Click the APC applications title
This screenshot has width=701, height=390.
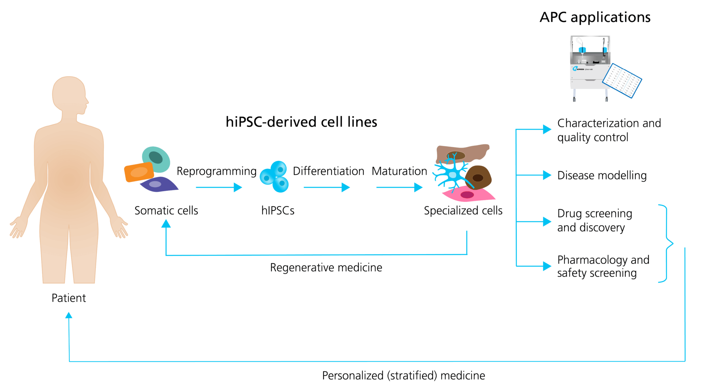coord(595,17)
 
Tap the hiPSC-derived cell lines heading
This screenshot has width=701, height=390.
coord(301,122)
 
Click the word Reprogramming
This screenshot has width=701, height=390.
coord(217,171)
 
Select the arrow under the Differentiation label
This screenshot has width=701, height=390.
coord(326,188)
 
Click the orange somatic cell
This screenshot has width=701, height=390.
coord(139,172)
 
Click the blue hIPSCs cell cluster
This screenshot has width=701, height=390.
coord(275,177)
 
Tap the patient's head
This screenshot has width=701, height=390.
coord(69,94)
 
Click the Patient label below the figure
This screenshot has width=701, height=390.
coord(69,298)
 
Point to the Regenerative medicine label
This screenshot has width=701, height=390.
coord(326,268)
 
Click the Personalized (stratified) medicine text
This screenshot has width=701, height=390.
coord(403,375)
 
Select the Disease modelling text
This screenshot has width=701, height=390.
coord(602,175)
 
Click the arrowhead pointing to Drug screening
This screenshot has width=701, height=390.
coord(547,221)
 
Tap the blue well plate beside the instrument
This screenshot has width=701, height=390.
coord(622,81)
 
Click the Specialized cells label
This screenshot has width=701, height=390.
coord(463,211)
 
